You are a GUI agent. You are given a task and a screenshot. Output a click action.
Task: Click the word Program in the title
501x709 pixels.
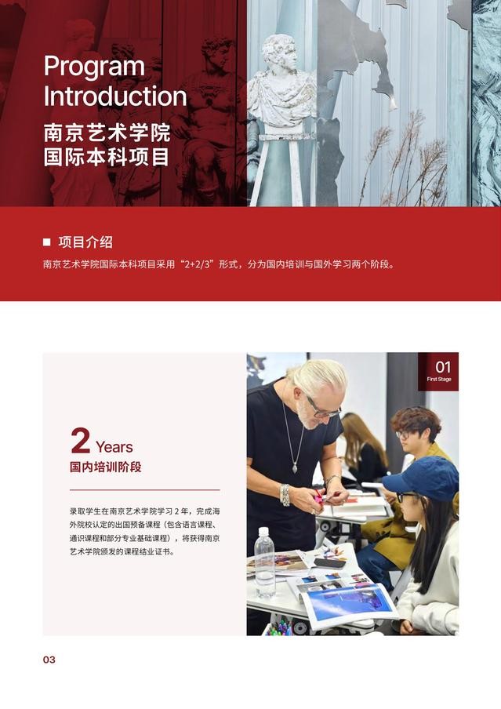point(94,67)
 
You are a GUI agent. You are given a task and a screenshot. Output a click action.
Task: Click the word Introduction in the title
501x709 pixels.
point(115,96)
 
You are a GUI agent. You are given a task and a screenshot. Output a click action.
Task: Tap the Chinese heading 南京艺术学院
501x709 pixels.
point(107,133)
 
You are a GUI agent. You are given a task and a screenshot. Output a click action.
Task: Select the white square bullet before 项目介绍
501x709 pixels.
point(46,242)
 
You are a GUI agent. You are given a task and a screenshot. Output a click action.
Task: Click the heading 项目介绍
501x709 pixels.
point(85,242)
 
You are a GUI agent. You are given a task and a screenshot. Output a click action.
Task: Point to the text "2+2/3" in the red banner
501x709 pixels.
point(198,264)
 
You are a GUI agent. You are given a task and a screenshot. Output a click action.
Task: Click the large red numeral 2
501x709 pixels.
point(81,441)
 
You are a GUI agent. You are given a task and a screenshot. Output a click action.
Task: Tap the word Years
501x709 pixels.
point(114,447)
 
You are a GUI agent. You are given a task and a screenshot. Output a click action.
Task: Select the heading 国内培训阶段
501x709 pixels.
point(105,467)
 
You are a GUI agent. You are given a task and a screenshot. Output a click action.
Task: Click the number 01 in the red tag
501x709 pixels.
point(443,367)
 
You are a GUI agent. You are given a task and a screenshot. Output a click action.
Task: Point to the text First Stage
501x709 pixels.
point(439,380)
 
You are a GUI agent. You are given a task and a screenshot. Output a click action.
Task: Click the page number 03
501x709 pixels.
point(49,660)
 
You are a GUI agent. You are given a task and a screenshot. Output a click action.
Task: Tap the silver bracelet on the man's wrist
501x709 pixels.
point(285,495)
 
